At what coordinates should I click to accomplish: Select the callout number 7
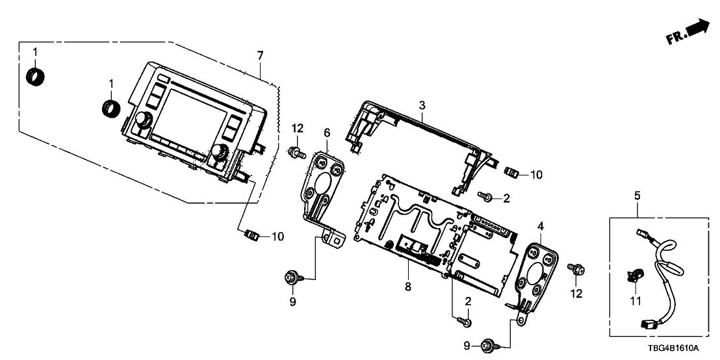(x=260, y=55)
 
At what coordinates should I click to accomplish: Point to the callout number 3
(x=422, y=105)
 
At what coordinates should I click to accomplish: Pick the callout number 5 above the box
(x=637, y=195)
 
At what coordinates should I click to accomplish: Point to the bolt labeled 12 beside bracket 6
(x=296, y=153)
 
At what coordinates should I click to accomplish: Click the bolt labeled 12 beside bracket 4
(x=574, y=267)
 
